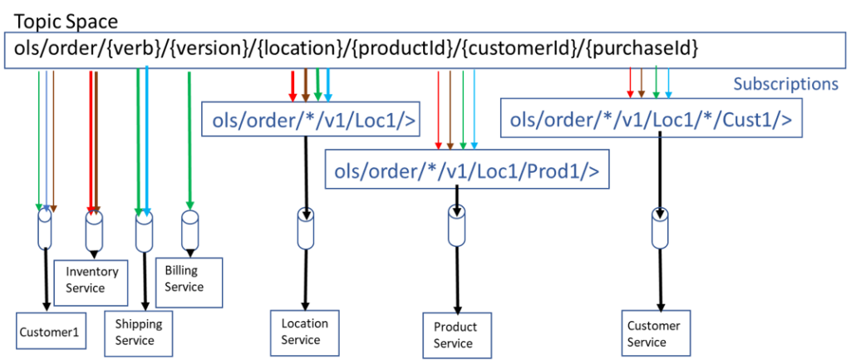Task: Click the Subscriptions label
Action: [785, 84]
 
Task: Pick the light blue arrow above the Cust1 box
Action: [668, 83]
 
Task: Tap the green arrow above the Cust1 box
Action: [656, 81]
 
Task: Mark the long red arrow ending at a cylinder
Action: [91, 141]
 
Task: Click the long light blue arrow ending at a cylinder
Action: [146, 141]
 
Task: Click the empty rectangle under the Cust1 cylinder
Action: [656, 333]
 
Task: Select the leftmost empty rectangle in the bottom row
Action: [52, 330]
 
